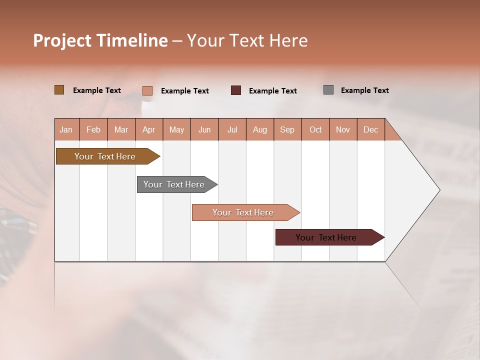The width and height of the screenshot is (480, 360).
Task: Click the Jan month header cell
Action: point(66,129)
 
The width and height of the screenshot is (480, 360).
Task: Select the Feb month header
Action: point(93,129)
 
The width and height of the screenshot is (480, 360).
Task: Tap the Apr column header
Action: point(149,129)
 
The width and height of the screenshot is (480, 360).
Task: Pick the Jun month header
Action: point(204,129)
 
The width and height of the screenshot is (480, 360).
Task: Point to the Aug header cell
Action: point(260,129)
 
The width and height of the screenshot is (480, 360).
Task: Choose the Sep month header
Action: point(287,129)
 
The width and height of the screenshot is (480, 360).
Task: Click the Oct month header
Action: point(315,129)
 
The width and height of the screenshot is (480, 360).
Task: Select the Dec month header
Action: point(371,129)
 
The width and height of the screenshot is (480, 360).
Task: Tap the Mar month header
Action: point(121,129)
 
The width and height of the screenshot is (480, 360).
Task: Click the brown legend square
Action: point(59,90)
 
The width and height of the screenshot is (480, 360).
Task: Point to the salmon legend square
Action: point(147,90)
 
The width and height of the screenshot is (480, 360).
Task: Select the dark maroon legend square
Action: point(236,90)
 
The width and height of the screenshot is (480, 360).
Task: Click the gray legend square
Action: point(328,90)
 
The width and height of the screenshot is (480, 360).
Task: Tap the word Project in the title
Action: point(61,40)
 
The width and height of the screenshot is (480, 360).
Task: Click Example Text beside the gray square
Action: point(364,90)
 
